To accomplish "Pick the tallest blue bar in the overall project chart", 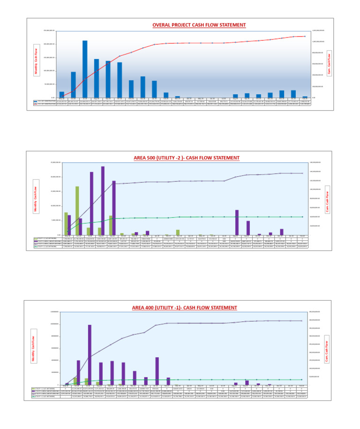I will [x=85, y=69].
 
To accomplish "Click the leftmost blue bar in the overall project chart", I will [x=62, y=94].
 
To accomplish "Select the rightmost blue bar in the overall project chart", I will [x=305, y=97].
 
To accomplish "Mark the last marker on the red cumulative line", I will [x=305, y=36].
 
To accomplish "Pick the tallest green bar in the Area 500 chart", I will [x=77, y=211].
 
